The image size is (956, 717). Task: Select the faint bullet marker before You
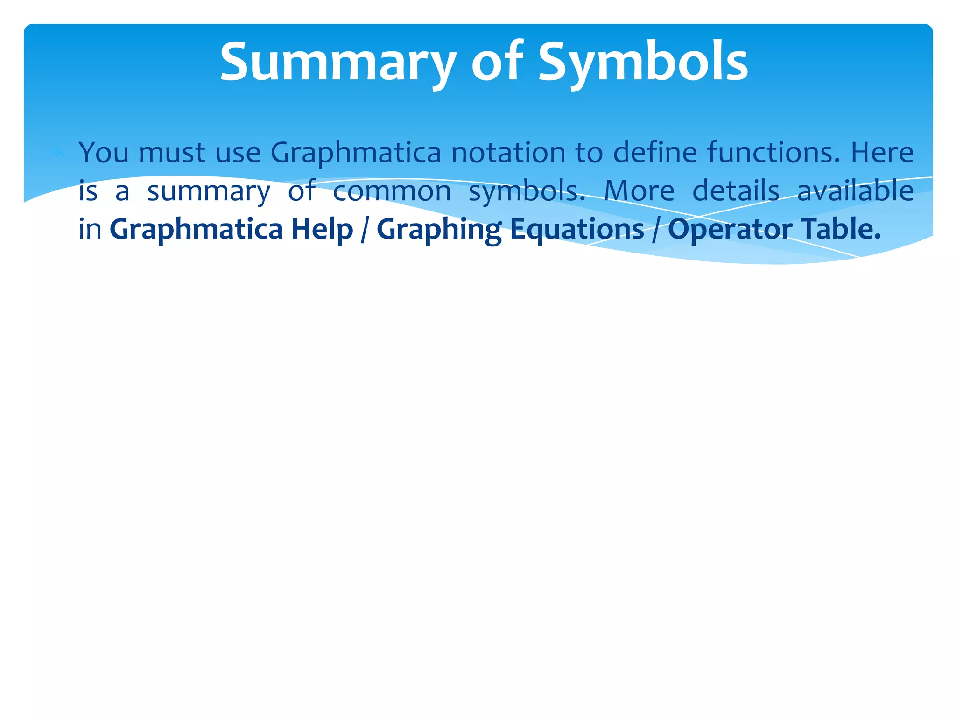(57, 152)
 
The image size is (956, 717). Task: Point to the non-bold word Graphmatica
(355, 153)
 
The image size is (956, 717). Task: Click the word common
(392, 191)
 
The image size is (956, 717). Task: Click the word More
(639, 191)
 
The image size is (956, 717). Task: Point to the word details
(736, 191)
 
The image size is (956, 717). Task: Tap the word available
(855, 191)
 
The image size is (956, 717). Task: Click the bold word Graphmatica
(196, 230)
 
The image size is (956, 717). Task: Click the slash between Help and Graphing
(364, 230)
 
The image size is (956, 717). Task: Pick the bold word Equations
(576, 230)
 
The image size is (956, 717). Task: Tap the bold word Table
(840, 230)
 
